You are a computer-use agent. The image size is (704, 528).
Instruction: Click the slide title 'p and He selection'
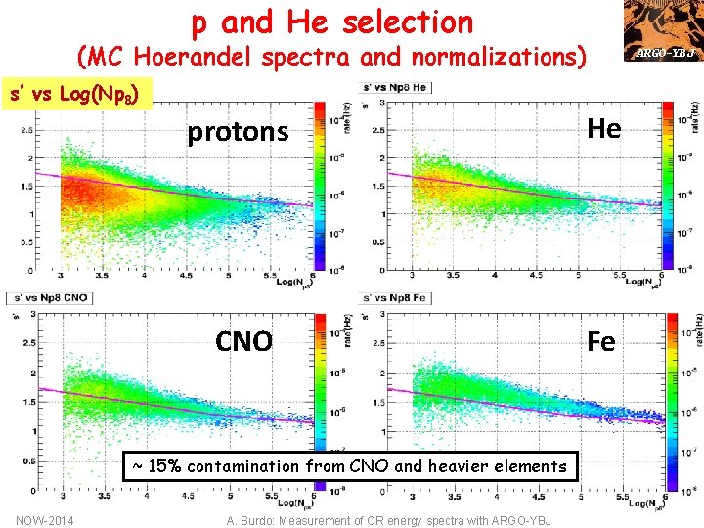[331, 21]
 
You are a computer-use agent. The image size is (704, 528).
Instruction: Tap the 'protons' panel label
[238, 132]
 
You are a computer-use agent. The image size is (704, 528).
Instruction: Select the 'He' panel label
[603, 128]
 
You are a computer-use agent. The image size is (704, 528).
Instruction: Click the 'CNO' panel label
[243, 341]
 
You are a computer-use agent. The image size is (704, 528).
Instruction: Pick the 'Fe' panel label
[600, 341]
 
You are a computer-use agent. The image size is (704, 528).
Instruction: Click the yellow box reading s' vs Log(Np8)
[79, 94]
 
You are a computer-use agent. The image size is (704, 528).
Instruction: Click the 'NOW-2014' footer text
[43, 520]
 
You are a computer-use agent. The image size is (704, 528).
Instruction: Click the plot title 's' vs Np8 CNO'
[49, 297]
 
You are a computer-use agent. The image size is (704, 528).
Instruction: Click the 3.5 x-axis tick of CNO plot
[104, 496]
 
